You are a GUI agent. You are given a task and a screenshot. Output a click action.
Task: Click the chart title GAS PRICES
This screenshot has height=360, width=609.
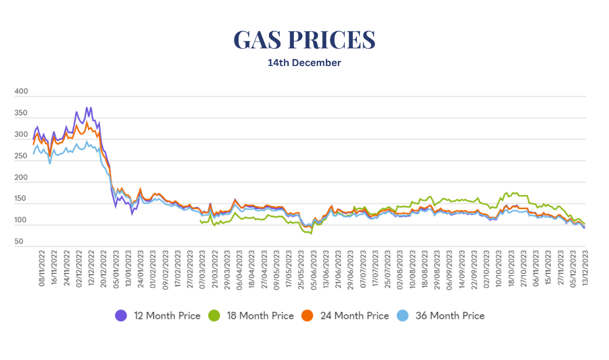click(x=304, y=40)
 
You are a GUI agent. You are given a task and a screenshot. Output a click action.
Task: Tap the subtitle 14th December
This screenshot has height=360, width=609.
click(x=304, y=63)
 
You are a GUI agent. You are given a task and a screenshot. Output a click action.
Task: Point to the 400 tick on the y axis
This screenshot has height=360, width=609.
click(x=22, y=92)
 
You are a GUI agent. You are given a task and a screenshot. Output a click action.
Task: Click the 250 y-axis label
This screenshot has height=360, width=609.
click(x=22, y=156)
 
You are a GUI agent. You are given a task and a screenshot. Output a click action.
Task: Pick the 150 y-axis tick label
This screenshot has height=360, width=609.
click(x=22, y=199)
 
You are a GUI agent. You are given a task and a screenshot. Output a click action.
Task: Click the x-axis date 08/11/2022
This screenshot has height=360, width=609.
click(x=42, y=268)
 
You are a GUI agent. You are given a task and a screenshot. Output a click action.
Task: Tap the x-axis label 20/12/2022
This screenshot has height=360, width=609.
click(x=104, y=268)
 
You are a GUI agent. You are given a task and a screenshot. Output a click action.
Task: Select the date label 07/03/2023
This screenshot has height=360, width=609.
click(x=202, y=268)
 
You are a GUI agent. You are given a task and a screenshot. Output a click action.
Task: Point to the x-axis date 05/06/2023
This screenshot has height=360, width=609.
click(x=315, y=268)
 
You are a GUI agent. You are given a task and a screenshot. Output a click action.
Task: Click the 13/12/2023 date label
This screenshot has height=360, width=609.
click(x=585, y=268)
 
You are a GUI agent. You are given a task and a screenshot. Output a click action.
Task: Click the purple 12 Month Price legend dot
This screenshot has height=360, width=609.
click(x=121, y=316)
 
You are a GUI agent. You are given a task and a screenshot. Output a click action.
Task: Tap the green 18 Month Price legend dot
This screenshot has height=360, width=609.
click(x=215, y=316)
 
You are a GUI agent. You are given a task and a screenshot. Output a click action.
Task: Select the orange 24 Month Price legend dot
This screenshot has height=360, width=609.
click(x=308, y=316)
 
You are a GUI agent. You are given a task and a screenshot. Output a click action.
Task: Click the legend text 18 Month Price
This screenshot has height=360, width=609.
click(x=259, y=316)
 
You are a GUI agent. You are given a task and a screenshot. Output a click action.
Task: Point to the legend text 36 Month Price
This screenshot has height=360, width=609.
click(x=450, y=316)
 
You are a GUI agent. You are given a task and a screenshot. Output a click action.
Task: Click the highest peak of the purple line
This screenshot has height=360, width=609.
click(x=87, y=108)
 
